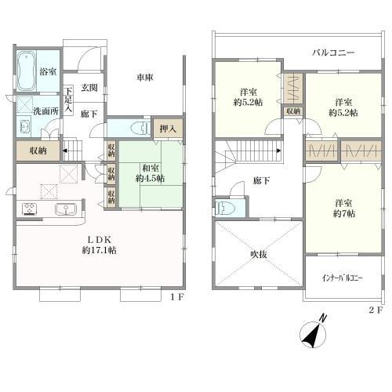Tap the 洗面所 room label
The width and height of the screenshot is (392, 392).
(45, 111)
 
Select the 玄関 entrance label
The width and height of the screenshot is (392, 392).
(89, 87)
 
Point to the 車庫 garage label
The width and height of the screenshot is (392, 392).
(144, 78)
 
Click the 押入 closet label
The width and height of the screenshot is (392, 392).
(168, 128)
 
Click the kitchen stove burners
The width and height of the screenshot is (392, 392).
(31, 209)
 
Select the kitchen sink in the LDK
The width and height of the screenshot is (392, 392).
(63, 209)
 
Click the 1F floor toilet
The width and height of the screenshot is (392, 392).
(140, 128)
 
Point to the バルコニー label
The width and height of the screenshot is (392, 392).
(333, 53)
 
